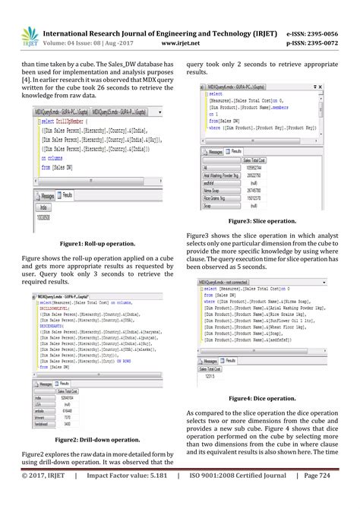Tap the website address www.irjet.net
tap(179, 45)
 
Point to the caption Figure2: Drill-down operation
tap(90, 439)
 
